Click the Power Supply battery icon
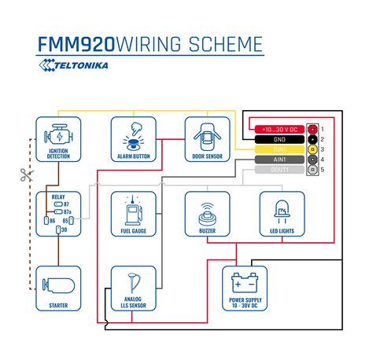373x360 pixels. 245,283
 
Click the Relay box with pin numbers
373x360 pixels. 58,214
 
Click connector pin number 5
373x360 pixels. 323,169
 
